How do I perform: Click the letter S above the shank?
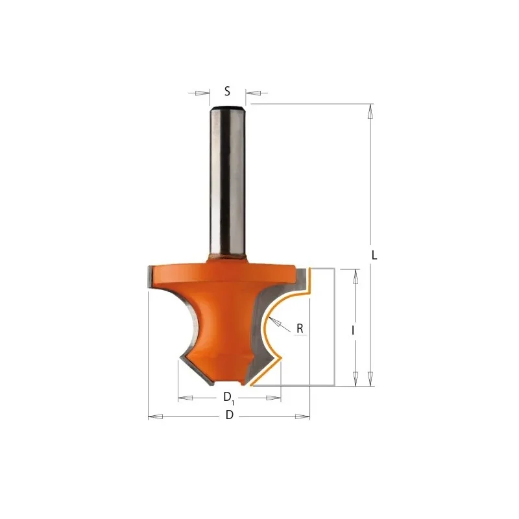point(227,91)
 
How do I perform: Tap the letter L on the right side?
point(374,255)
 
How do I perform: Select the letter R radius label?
point(300,328)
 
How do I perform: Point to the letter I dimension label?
point(353,330)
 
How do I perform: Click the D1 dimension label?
point(229,397)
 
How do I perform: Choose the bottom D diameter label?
point(230,415)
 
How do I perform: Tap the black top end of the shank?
point(228,108)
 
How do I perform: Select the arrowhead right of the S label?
point(253,93)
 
